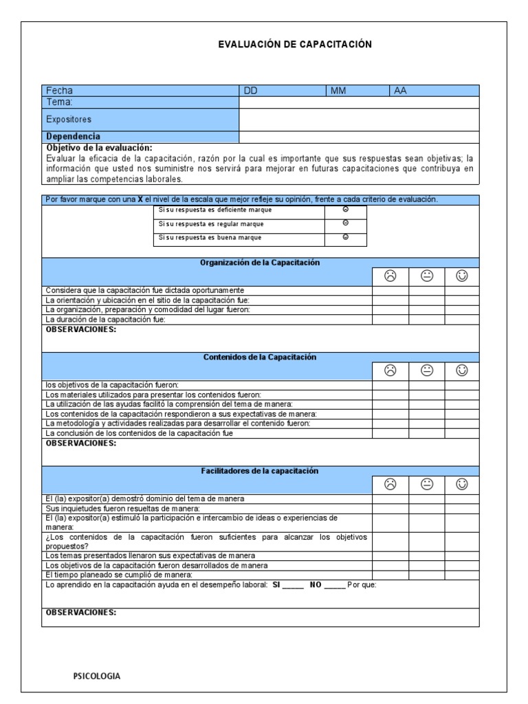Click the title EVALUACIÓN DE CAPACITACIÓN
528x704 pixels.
tap(294, 44)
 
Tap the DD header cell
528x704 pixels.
tap(250, 91)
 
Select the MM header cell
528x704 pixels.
tap(338, 91)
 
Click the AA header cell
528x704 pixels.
tap(400, 91)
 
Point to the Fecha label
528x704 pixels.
tap(59, 91)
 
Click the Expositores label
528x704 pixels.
tap(68, 119)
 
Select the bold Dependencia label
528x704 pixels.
tap(73, 136)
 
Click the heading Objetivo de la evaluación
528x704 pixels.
tap(99, 147)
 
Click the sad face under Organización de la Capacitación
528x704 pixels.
tap(390, 276)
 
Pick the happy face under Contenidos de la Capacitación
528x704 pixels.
tap(462, 371)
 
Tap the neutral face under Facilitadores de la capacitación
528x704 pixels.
tap(426, 485)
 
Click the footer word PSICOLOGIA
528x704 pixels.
tap(97, 676)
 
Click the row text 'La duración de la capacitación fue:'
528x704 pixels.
tap(105, 320)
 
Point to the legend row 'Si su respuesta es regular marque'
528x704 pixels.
tap(210, 224)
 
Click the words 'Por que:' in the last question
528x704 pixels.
tap(362, 584)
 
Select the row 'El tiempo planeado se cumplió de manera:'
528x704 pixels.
tap(118, 574)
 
